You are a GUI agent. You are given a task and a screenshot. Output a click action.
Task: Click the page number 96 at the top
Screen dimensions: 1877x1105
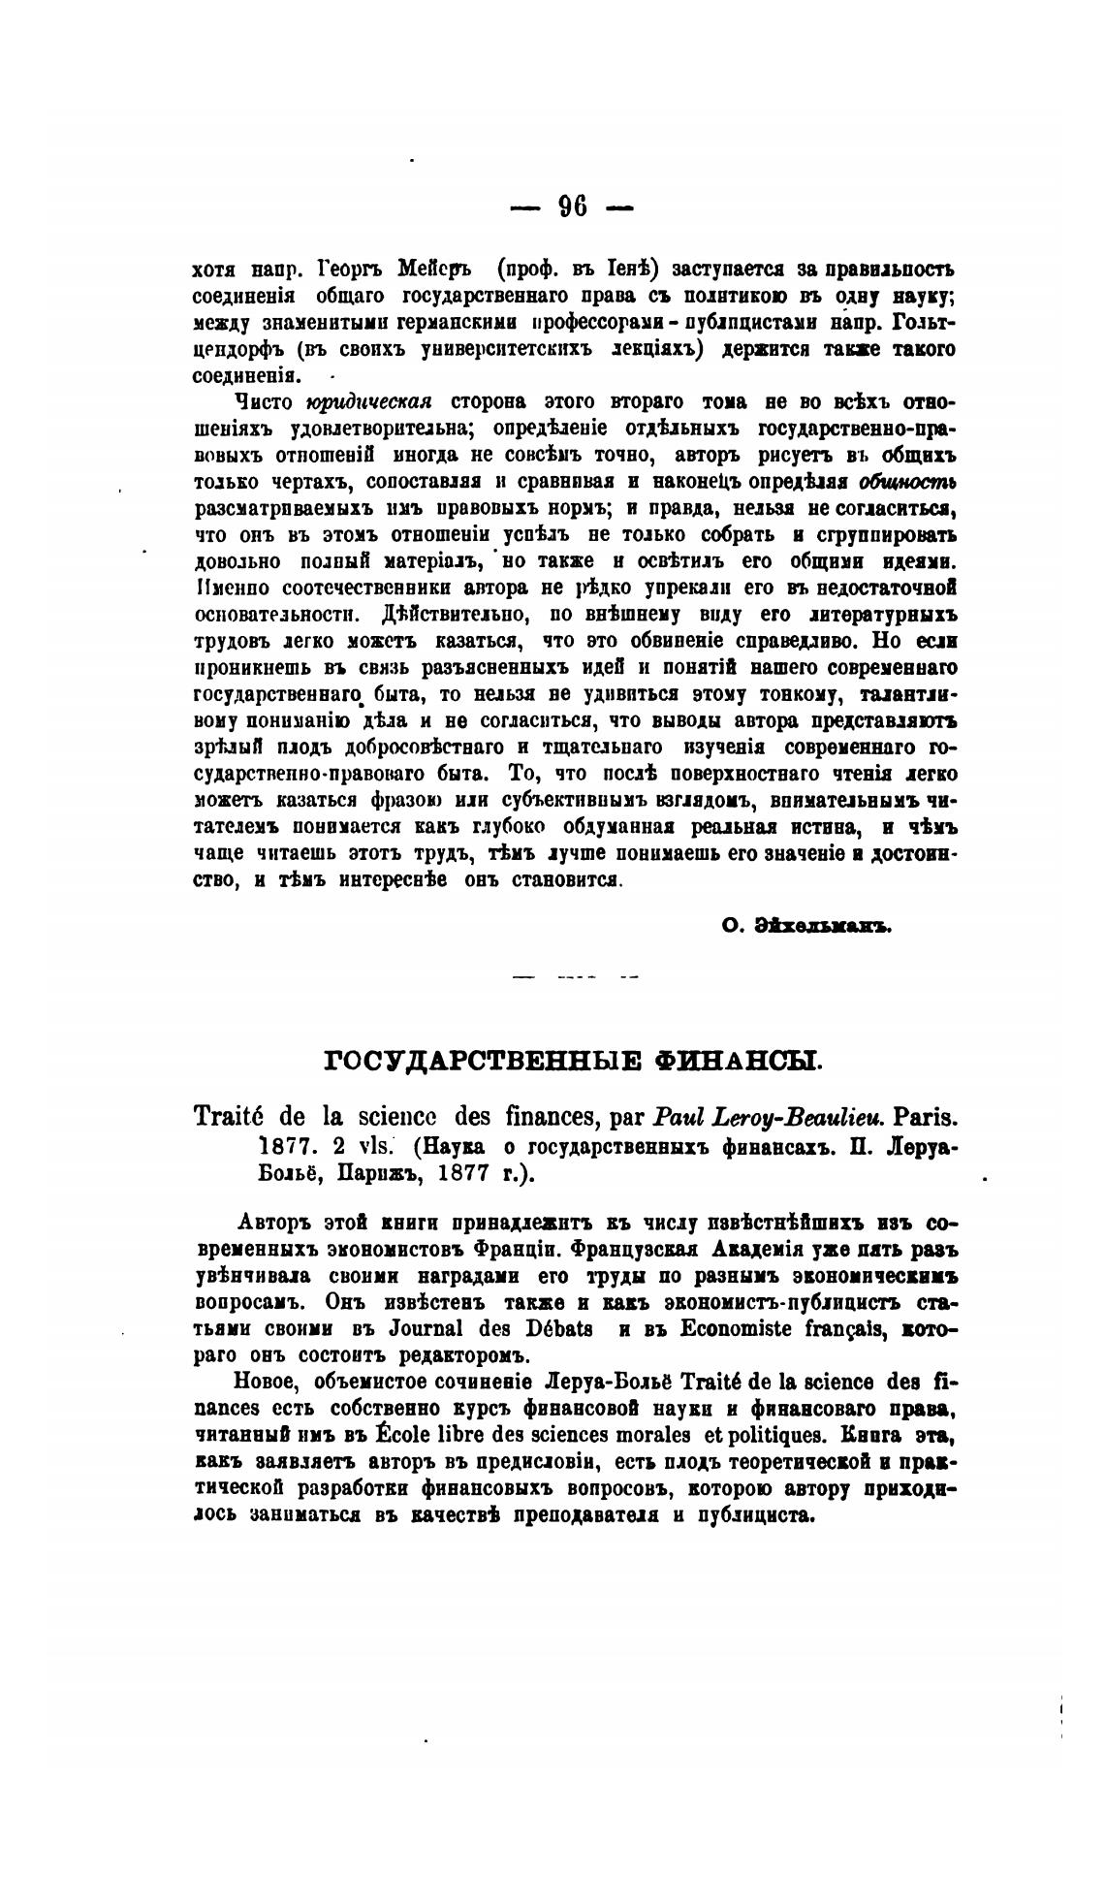(572, 207)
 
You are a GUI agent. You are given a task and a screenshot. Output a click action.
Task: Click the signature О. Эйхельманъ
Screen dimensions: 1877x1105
(805, 925)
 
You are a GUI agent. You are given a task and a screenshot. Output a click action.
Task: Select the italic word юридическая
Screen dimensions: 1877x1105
(367, 401)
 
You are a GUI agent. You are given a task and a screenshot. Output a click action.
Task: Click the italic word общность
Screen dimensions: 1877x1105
(908, 482)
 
